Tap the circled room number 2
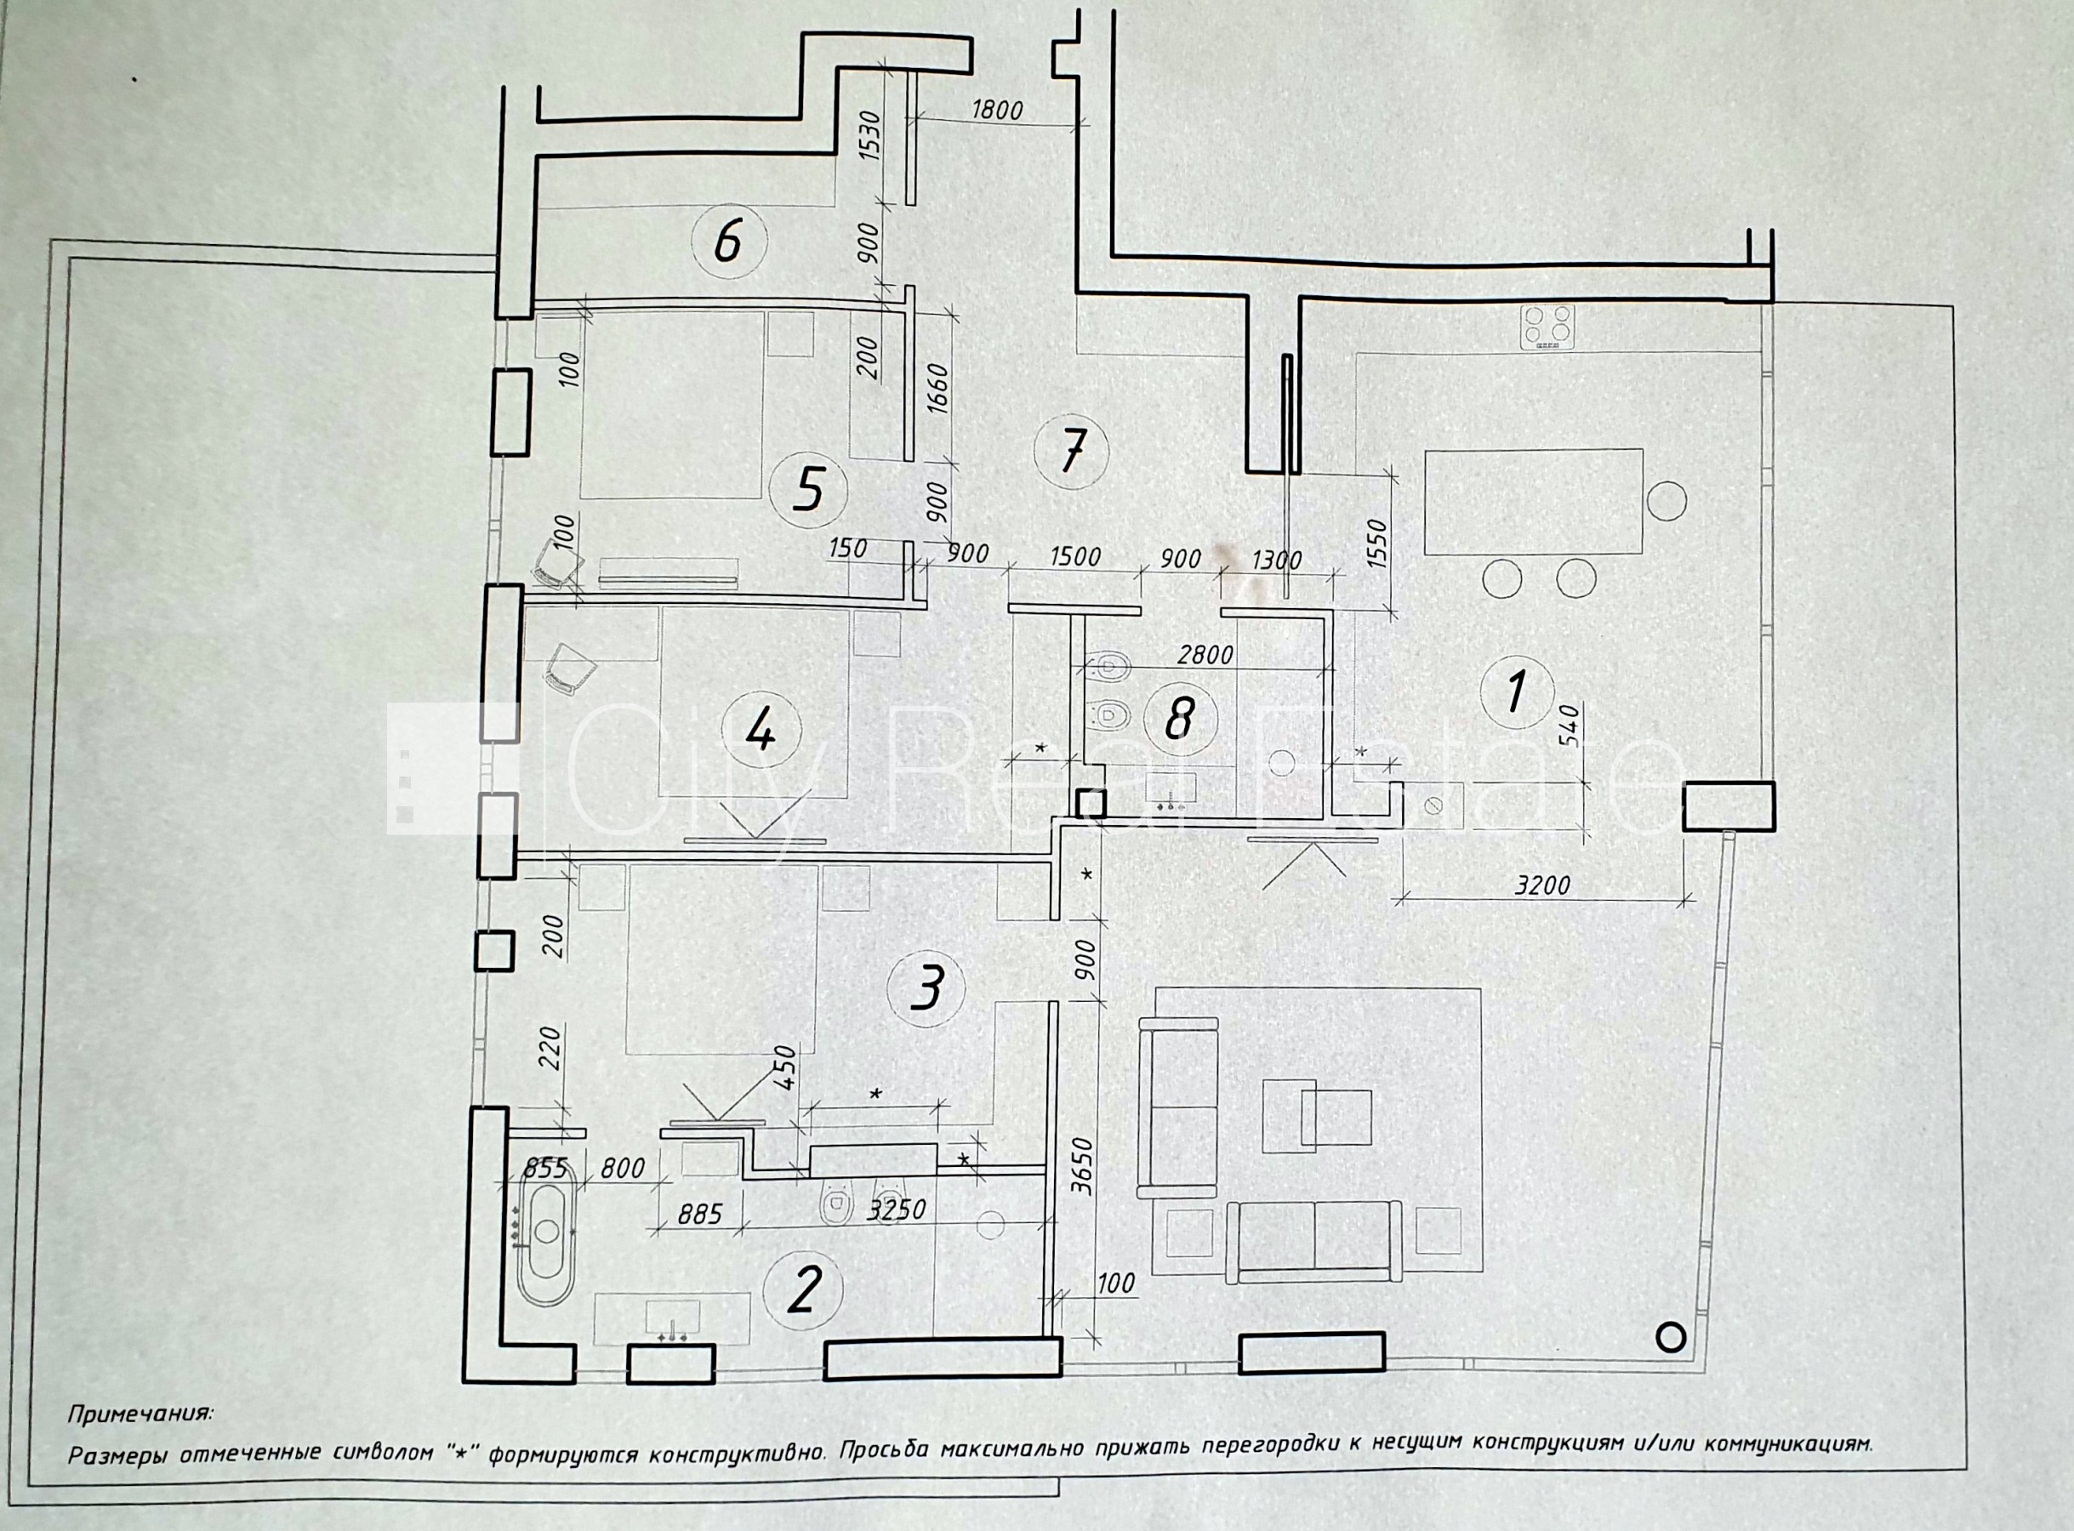point(802,1289)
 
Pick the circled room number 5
point(809,489)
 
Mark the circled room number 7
point(1072,452)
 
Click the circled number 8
point(1179,717)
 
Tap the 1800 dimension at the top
point(997,111)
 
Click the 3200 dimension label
point(1542,885)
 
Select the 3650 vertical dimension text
point(1085,1170)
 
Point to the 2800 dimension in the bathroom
point(1205,655)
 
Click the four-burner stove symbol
point(1547,327)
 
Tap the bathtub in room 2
point(546,1232)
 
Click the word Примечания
point(140,1414)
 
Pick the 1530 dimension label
point(871,136)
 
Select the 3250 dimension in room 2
point(896,1209)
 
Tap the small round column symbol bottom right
point(1671,1336)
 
